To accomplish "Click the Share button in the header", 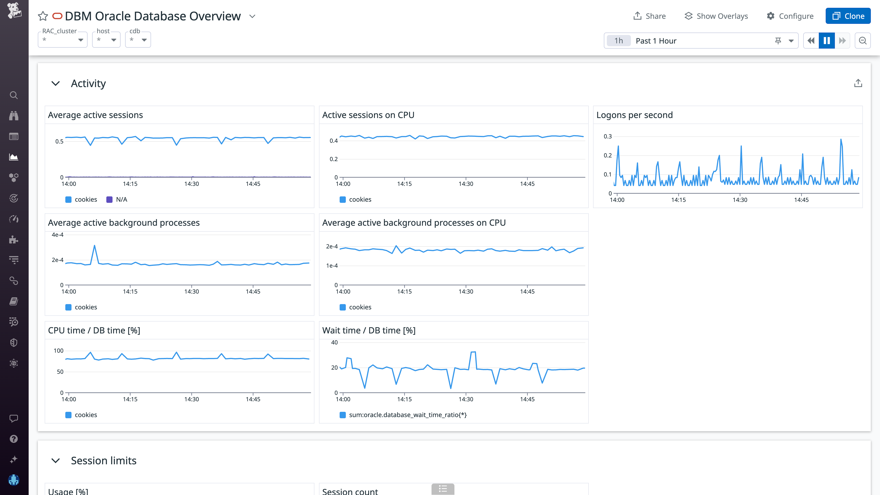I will [x=649, y=16].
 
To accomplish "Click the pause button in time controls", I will [x=826, y=41].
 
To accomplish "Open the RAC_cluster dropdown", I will [x=63, y=40].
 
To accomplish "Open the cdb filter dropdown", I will [x=138, y=40].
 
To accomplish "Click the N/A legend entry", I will [x=117, y=200].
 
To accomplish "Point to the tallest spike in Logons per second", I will [x=841, y=139].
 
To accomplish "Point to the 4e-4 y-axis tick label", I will [x=57, y=235].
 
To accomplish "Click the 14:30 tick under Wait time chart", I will [x=466, y=399].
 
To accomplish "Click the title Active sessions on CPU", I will [x=368, y=115].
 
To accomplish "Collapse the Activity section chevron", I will [x=55, y=83].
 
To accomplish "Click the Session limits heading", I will [x=104, y=460].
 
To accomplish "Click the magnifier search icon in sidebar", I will [x=14, y=95].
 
